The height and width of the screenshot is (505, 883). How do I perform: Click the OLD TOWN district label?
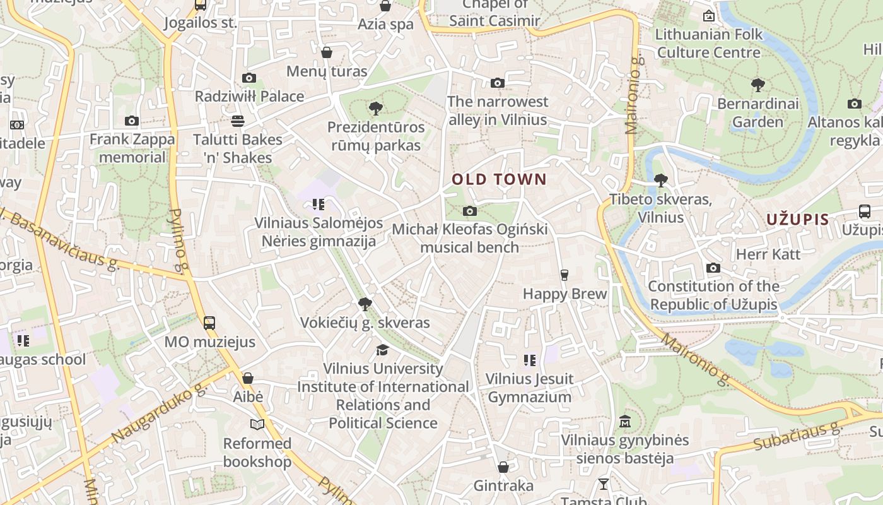click(x=499, y=179)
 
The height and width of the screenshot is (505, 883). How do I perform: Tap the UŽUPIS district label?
click(x=797, y=220)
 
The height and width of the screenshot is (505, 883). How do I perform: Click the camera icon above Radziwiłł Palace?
click(x=249, y=78)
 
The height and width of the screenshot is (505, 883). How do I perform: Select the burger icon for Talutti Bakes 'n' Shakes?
click(x=238, y=121)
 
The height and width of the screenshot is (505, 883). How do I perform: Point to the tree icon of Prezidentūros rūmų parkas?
click(x=376, y=109)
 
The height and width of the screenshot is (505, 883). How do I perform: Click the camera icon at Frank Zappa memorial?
click(x=132, y=121)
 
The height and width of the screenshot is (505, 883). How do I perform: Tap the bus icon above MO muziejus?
click(x=209, y=323)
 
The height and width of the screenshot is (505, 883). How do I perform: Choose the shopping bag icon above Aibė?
click(x=248, y=378)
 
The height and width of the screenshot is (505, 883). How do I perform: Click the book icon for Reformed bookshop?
click(x=257, y=424)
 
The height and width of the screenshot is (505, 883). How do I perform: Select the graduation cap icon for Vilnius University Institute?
click(x=382, y=350)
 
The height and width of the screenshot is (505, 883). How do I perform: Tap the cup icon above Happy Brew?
click(x=564, y=275)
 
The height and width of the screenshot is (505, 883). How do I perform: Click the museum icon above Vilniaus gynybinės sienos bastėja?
click(x=625, y=421)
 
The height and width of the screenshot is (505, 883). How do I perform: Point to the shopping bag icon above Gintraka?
click(x=503, y=467)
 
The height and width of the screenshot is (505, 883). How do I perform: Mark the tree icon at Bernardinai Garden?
click(x=757, y=85)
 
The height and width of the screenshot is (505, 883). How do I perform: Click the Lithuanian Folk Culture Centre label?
click(x=709, y=43)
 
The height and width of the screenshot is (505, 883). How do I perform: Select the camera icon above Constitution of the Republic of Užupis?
click(x=713, y=268)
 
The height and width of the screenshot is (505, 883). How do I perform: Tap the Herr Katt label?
click(x=768, y=254)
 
